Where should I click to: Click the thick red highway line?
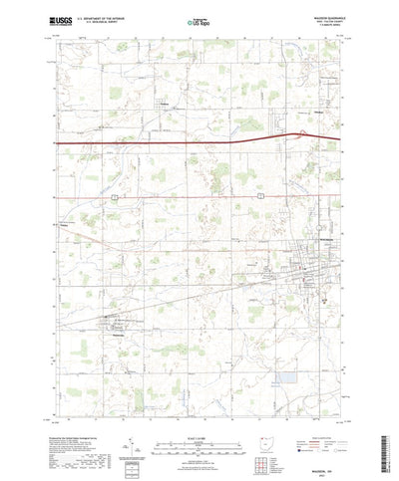[x=150, y=143]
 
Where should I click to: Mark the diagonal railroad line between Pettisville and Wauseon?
[x=199, y=288]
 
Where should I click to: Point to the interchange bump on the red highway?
[x=296, y=134]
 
